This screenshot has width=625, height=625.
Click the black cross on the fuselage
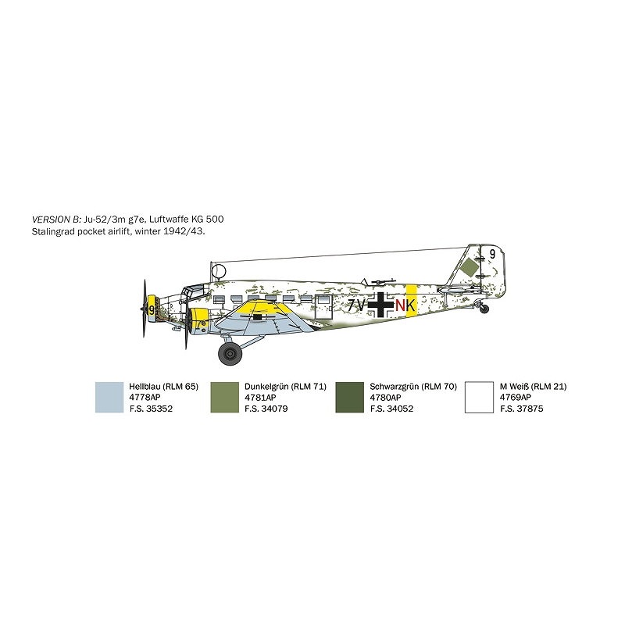pyautogui.click(x=380, y=305)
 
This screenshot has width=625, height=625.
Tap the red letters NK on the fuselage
pyautogui.click(x=405, y=305)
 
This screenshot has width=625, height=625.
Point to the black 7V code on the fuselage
pyautogui.click(x=357, y=305)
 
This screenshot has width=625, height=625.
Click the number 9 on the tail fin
pyautogui.click(x=492, y=253)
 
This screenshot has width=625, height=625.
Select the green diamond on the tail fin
pyautogui.click(x=469, y=268)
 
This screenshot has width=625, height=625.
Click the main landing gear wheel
pyautogui.click(x=230, y=355)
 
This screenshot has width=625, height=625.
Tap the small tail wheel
pyautogui.click(x=484, y=310)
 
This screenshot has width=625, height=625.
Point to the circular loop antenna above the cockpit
pyautogui.click(x=220, y=272)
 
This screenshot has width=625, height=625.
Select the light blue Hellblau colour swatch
pyautogui.click(x=109, y=397)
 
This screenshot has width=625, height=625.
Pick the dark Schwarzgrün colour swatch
pyautogui.click(x=349, y=397)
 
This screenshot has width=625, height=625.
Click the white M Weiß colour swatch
pyautogui.click(x=478, y=397)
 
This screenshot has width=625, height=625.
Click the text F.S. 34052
pyautogui.click(x=392, y=408)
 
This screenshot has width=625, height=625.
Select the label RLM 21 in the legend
pyautogui.click(x=551, y=386)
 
